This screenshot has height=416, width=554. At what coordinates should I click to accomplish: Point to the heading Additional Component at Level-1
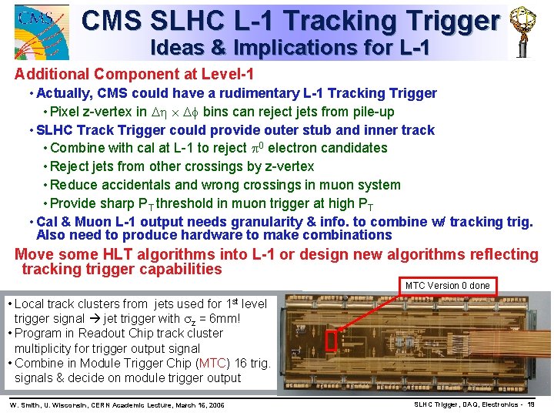coord(135,75)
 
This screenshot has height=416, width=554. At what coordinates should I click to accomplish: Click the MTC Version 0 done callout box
coord(447,286)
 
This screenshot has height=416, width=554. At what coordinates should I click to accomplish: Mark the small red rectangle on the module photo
coord(332,341)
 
